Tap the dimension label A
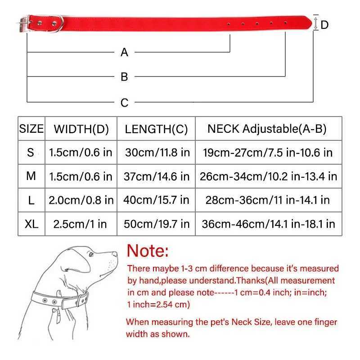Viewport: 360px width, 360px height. pos(125,53)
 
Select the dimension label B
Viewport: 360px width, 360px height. pos(125,77)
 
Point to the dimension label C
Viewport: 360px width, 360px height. pos(125,103)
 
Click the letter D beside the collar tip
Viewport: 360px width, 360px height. pos(325,25)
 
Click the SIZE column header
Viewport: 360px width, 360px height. pos(31,129)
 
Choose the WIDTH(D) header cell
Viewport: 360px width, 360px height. pos(81,129)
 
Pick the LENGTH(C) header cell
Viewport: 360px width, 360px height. pos(156,129)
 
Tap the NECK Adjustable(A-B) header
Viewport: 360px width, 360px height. pos(267,129)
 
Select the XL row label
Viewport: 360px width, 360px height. pos(31,224)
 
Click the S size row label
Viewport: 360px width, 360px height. pos(31,153)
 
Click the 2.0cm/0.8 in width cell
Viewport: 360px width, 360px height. pos(81,200)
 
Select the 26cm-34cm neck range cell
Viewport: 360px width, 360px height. pos(268,176)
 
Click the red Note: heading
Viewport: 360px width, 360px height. pos(148,250)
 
